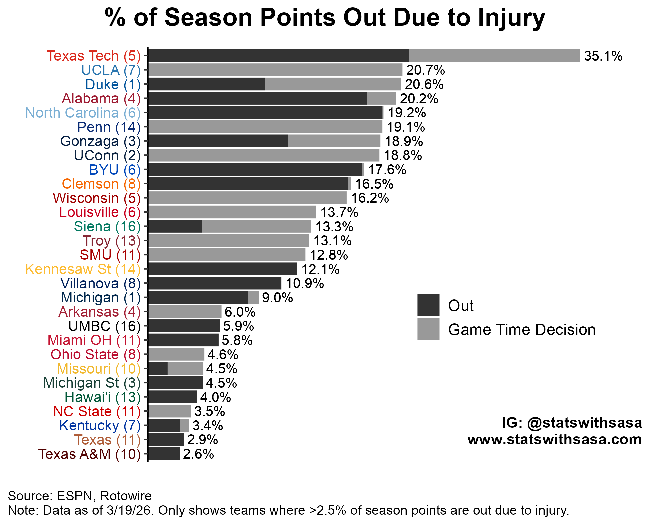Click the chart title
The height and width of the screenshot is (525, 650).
pos(325,18)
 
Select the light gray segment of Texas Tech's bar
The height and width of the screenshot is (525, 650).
pos(494,56)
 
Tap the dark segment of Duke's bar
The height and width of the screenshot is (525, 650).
pos(206,84)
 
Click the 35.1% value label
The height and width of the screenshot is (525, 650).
pos(603,56)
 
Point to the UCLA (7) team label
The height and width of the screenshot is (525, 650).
pos(111,70)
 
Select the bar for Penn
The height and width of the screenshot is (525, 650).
pos(265,127)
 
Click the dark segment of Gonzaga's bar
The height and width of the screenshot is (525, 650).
pos(218,141)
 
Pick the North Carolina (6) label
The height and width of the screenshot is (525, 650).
pos(83,113)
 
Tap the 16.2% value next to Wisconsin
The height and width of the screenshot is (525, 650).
pos(370,198)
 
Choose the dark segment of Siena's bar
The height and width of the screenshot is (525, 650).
pos(175,226)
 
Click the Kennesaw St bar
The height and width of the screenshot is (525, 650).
pos(222,269)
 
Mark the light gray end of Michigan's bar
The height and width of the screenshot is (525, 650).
pos(253,297)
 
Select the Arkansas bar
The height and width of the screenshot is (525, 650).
pos(185,312)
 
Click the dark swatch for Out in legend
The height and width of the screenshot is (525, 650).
pos(428,305)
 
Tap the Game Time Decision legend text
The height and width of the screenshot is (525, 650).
pos(521,330)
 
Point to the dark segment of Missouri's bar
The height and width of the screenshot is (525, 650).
pos(158,369)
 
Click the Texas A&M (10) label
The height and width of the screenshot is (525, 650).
pos(89,454)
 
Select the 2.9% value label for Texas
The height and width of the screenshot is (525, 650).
pos(202,440)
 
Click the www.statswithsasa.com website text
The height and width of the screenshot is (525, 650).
pos(554,439)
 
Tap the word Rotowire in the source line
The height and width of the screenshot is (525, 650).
pos(126,496)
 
